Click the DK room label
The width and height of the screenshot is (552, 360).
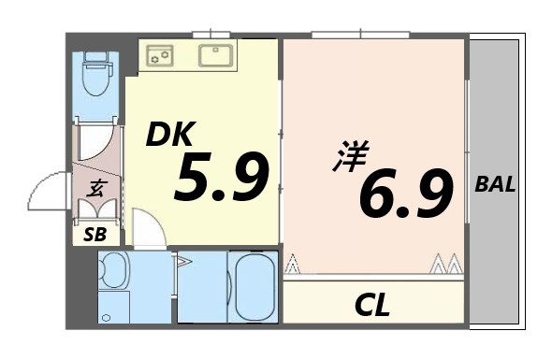[170, 137]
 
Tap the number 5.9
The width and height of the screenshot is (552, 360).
[221, 179]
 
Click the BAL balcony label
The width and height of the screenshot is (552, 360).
[495, 184]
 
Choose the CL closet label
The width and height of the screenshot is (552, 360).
[371, 304]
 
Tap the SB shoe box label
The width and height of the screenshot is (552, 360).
[95, 234]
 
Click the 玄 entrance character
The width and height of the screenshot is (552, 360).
[95, 189]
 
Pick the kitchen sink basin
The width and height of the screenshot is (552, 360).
[218, 54]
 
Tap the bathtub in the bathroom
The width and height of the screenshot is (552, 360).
[254, 286]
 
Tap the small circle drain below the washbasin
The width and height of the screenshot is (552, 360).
[105, 318]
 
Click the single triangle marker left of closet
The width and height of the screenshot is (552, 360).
[293, 266]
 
